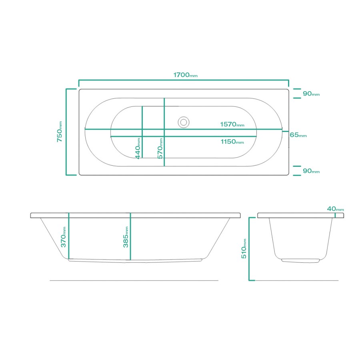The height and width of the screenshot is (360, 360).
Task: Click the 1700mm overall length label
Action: coord(185,75)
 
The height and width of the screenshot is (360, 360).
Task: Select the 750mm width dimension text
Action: coord(59,132)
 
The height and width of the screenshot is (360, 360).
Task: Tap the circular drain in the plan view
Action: coord(184,122)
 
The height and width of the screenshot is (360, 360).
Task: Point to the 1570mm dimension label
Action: coord(232,124)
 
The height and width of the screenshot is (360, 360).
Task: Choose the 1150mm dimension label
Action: coord(232,142)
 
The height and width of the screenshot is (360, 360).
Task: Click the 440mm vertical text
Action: coord(138,148)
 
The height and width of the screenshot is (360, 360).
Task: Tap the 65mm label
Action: coord(298,135)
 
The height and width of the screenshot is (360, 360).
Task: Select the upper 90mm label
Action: coord(311,94)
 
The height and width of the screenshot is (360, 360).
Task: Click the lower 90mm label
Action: coord(311,171)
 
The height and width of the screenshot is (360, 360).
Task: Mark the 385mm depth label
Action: coord(126,237)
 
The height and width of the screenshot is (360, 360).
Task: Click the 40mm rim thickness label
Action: coord(335,209)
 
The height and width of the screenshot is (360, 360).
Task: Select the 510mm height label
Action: coord(244,248)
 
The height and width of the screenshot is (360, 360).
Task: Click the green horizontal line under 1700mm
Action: coord(184,80)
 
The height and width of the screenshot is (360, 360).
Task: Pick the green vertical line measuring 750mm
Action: coord(66,132)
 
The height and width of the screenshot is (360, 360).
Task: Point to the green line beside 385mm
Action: coord(130,237)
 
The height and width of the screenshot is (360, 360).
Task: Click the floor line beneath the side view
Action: coord(134,280)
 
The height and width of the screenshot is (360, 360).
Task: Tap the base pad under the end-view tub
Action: coord(300,261)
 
